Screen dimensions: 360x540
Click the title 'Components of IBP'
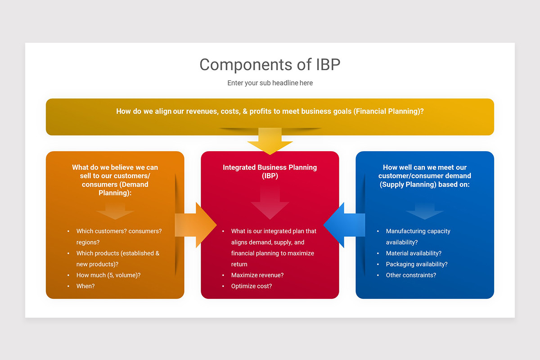pyautogui.click(x=270, y=64)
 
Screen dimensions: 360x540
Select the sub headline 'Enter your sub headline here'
pyautogui.click(x=270, y=83)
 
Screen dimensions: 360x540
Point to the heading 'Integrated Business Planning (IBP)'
pyautogui.click(x=270, y=171)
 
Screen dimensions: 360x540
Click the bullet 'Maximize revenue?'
pyautogui.click(x=257, y=275)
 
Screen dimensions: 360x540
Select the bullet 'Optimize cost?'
pyautogui.click(x=251, y=286)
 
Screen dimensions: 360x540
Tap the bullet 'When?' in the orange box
pyautogui.click(x=85, y=286)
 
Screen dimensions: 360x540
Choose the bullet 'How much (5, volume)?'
pyautogui.click(x=108, y=275)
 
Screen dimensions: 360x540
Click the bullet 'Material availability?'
pyautogui.click(x=413, y=253)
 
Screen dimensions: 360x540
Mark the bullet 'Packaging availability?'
pyautogui.click(x=416, y=264)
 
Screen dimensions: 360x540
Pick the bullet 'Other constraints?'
pyautogui.click(x=410, y=275)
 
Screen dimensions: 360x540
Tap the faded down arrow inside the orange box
pyautogui.click(x=115, y=211)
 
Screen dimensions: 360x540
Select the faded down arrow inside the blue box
pyautogui.click(x=424, y=211)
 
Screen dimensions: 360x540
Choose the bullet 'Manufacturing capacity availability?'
pyautogui.click(x=418, y=236)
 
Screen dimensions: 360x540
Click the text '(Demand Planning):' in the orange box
pyautogui.click(x=115, y=189)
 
